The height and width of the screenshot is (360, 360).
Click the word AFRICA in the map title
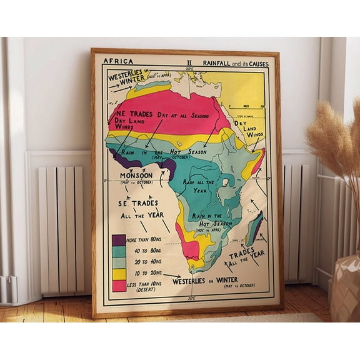[x=117, y=61]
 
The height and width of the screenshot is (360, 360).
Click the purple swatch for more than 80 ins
[x=119, y=240]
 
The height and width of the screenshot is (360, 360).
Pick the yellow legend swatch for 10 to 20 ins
[x=119, y=274]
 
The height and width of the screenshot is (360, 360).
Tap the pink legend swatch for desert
[x=119, y=285]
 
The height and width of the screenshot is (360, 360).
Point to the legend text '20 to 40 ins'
[x=145, y=262]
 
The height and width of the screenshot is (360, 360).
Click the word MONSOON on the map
[x=136, y=176]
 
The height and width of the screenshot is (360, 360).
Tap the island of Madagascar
[x=254, y=227]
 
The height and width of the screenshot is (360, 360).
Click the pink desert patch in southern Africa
[x=189, y=246]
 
